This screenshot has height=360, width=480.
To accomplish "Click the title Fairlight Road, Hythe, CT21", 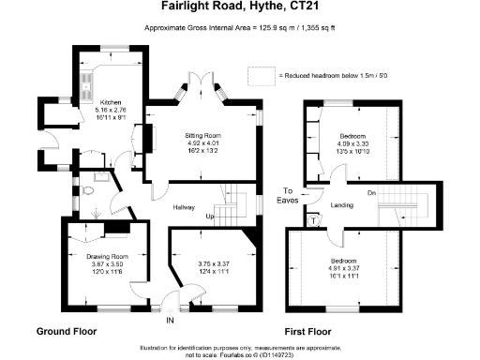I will (x=240, y=10).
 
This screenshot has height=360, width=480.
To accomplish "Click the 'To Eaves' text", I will (x=292, y=196).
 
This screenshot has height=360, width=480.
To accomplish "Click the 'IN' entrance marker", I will (x=170, y=321).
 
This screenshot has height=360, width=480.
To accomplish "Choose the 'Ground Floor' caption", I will (x=66, y=332).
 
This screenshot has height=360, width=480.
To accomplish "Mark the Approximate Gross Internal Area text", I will (x=239, y=29).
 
